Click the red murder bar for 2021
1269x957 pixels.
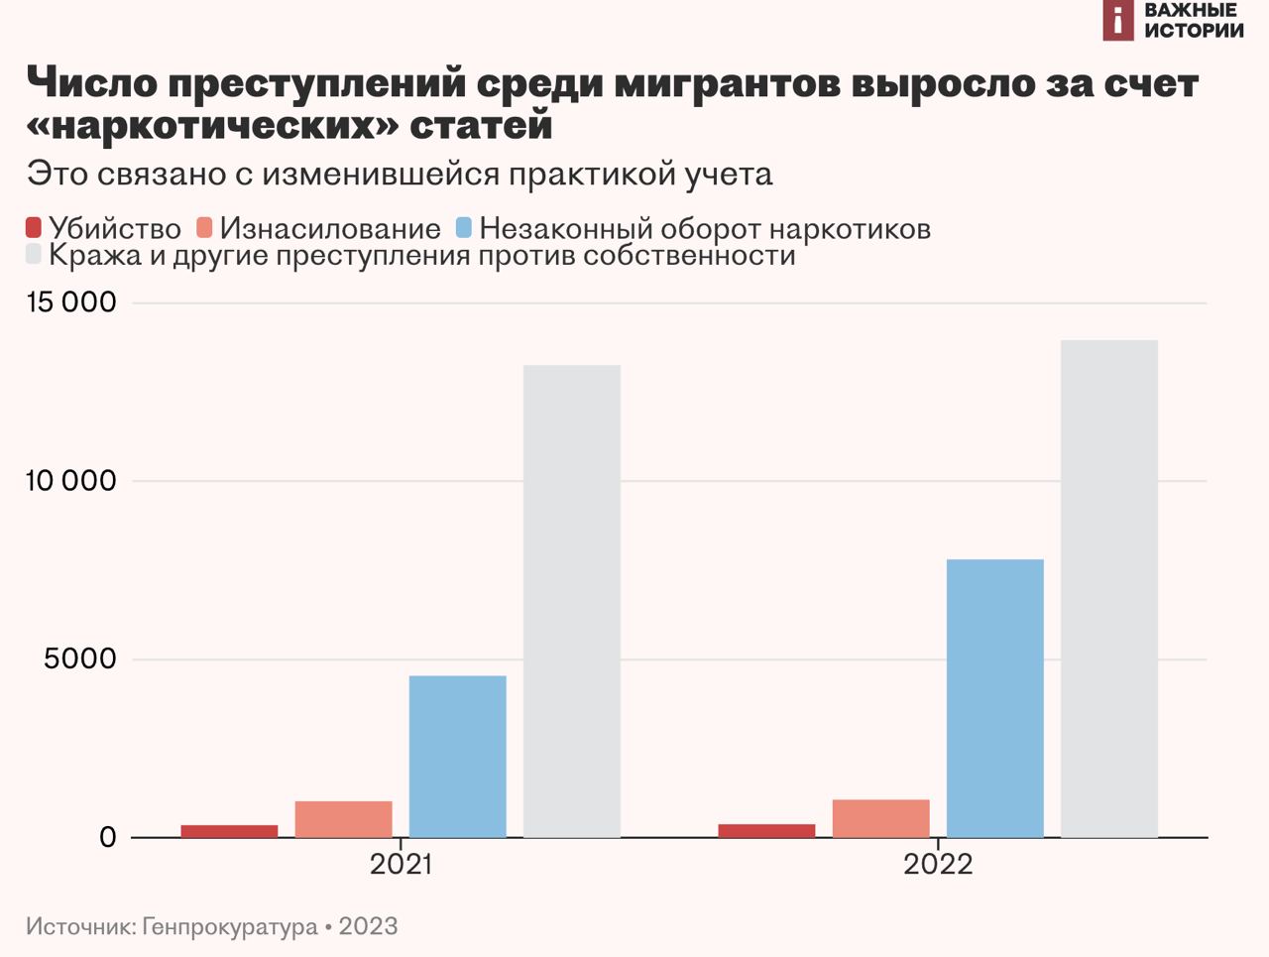229,831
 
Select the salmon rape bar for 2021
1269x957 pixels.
343,819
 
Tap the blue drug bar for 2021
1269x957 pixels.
457,757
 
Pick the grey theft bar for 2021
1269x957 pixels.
571,601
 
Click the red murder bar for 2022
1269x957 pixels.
766,831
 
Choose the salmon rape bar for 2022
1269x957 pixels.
880,818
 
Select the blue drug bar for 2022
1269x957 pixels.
994,698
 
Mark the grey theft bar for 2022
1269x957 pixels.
1108,589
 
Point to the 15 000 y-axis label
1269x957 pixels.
71,302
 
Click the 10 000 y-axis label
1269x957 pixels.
71,481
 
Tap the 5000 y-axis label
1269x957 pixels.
80,659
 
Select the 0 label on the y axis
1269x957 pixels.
107,838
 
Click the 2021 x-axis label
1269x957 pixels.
401,865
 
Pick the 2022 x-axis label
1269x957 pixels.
938,865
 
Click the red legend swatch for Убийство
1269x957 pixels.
34,228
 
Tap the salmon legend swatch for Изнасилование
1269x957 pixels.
204,228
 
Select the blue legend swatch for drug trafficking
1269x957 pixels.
463,228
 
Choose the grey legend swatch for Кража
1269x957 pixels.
34,255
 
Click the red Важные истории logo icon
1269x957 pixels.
1118,20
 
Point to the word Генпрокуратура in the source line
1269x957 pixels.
230,927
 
